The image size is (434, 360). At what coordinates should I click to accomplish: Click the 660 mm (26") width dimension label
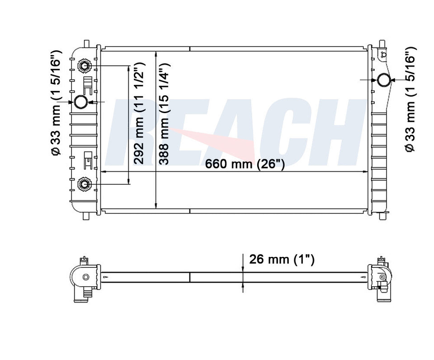point(245,164)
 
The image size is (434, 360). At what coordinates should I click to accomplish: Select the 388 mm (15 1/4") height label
point(164,114)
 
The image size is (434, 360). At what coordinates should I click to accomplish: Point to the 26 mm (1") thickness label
point(282,260)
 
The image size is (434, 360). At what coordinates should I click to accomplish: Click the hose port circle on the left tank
point(81,102)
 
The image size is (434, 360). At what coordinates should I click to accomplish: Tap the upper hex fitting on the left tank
point(84,66)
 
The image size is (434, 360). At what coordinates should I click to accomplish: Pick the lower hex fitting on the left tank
point(84,184)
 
